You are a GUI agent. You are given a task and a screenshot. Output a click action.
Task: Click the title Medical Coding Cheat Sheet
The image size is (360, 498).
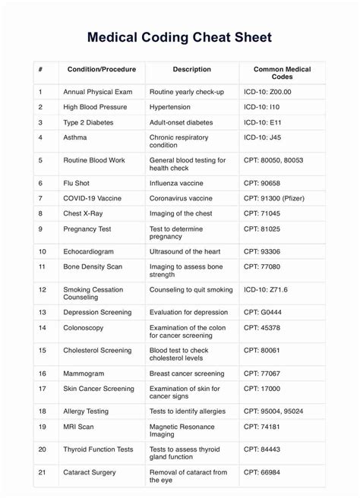coord(179,37)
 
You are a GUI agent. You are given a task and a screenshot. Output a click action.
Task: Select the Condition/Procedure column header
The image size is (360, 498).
coord(102,69)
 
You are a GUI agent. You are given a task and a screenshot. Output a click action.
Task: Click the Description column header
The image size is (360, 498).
coord(191,69)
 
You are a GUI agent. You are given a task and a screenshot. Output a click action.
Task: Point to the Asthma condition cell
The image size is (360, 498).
coord(75,137)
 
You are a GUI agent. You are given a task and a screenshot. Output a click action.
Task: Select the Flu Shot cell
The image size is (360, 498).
coord(77,183)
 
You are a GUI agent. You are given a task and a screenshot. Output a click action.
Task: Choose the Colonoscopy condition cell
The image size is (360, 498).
coord(84,328)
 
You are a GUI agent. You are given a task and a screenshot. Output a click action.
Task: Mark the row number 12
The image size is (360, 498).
coord(43,289)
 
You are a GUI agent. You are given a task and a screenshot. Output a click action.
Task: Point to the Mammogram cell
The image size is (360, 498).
coord(82,373)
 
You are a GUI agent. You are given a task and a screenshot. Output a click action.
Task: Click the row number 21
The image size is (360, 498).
coord(43,472)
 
